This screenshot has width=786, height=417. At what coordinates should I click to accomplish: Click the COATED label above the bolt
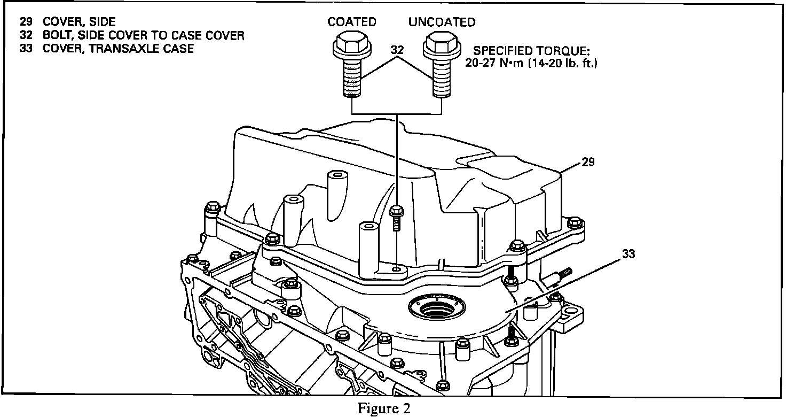351,22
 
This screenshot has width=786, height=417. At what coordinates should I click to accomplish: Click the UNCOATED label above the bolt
442,22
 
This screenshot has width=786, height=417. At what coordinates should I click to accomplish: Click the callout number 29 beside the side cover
588,162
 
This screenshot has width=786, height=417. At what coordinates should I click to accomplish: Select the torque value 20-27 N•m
494,63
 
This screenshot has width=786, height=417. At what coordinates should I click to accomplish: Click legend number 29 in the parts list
25,22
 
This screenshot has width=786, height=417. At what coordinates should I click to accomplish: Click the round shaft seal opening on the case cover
436,308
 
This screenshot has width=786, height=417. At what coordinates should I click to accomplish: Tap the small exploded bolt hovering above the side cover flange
396,217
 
